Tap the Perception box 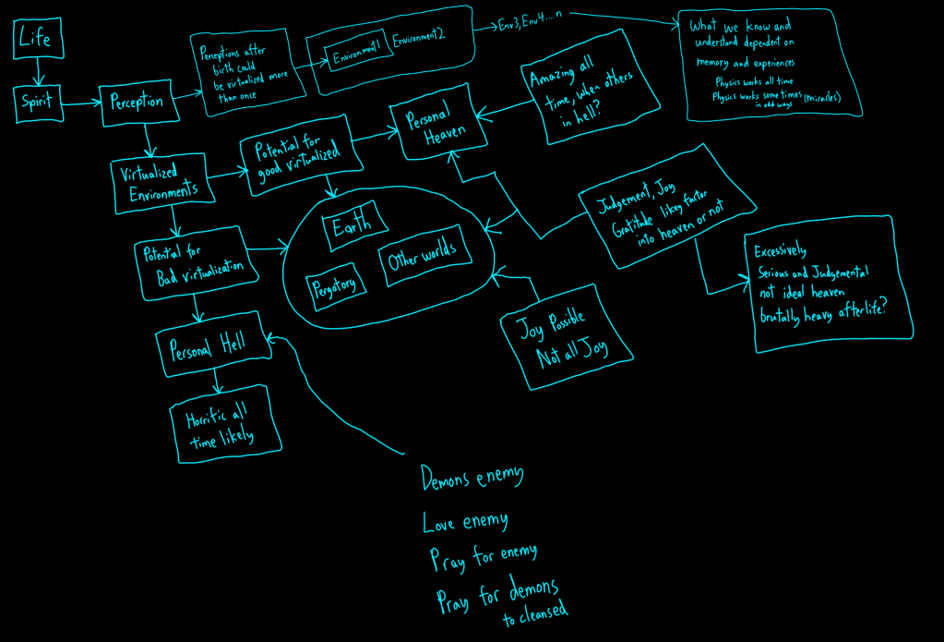coord(137,102)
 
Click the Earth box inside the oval coord(353,227)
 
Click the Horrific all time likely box coord(224,424)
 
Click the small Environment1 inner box coord(358,55)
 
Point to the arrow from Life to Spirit coord(38,70)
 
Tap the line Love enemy coord(465,522)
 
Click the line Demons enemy coord(472,478)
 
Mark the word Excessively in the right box coord(781,250)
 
